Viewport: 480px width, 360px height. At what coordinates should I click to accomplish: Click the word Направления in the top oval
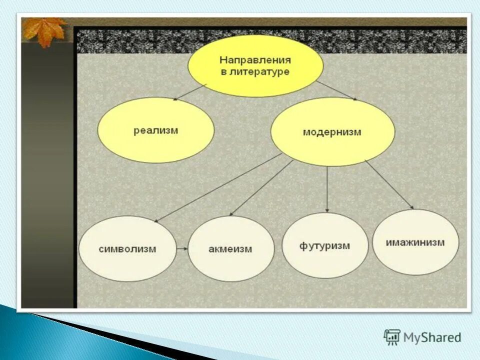255,60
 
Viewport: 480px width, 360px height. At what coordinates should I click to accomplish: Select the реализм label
155,130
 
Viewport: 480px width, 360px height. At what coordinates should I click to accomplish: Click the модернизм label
331,132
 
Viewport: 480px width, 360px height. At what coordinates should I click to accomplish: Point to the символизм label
127,248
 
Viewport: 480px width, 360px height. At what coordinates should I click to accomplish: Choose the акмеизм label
230,249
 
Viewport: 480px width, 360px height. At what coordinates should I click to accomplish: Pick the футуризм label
324,246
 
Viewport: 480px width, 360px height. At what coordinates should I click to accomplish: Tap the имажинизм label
415,242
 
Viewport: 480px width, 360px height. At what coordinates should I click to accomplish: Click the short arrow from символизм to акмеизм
182,248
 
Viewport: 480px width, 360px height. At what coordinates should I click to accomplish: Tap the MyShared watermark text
432,337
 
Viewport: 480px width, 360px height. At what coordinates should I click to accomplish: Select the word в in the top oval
224,72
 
